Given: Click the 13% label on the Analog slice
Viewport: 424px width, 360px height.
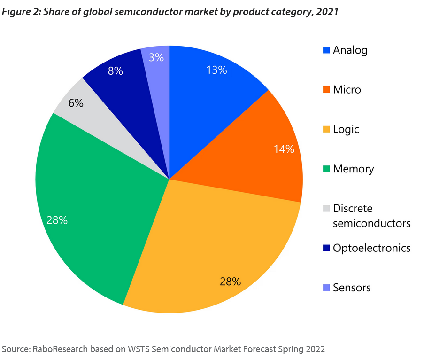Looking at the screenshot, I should click(x=216, y=70).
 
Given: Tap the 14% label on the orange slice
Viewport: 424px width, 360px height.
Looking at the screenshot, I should click(x=284, y=149).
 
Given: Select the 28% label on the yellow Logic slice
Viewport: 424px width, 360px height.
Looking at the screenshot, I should click(x=230, y=282).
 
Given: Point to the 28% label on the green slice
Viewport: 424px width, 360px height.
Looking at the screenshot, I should click(x=57, y=220).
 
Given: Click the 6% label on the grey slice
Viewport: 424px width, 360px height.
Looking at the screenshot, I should click(x=76, y=103).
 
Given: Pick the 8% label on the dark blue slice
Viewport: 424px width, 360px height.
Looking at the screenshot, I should click(x=115, y=71).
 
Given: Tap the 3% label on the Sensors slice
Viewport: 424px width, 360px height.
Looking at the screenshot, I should click(x=156, y=57).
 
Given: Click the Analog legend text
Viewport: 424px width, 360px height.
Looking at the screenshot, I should click(x=350, y=50).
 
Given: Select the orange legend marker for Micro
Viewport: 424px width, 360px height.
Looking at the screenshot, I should click(x=326, y=89).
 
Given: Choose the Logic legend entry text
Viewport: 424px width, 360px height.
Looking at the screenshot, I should click(x=346, y=129).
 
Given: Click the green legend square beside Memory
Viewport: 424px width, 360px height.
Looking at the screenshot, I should click(x=326, y=169).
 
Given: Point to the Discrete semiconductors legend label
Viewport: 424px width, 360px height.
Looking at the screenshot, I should click(x=371, y=216).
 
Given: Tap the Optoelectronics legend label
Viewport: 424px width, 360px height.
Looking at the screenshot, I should click(x=371, y=248).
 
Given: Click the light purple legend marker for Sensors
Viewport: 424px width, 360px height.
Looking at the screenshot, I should click(x=326, y=288).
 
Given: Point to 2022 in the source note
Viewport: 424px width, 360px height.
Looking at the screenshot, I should click(x=314, y=349).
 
